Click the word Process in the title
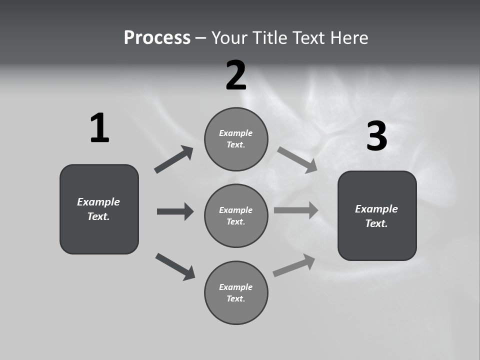pyautogui.click(x=157, y=38)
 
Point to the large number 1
pyautogui.click(x=99, y=128)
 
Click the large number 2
pyautogui.click(x=236, y=75)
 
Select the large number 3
pyautogui.click(x=376, y=136)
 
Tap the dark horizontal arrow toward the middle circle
pyautogui.click(x=175, y=211)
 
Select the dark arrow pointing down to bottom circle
pyautogui.click(x=175, y=266)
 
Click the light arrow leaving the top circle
pyautogui.click(x=297, y=160)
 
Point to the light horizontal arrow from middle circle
pyautogui.click(x=296, y=210)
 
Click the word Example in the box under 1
pyautogui.click(x=98, y=202)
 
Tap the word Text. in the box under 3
pyautogui.click(x=376, y=223)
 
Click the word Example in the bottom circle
pyautogui.click(x=236, y=287)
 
